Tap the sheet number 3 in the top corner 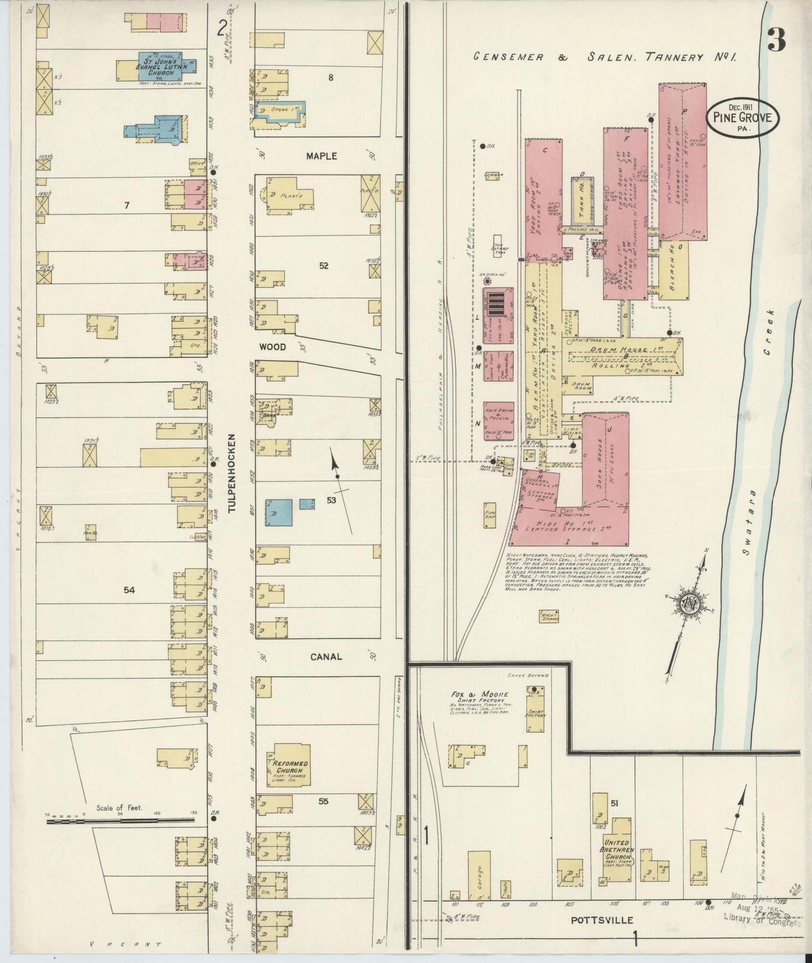tap(775, 40)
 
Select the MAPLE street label tap(321, 156)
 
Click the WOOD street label tap(272, 347)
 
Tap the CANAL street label tap(326, 656)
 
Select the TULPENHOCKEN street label tap(231, 474)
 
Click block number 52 tap(324, 266)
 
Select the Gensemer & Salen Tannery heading tap(604, 57)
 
